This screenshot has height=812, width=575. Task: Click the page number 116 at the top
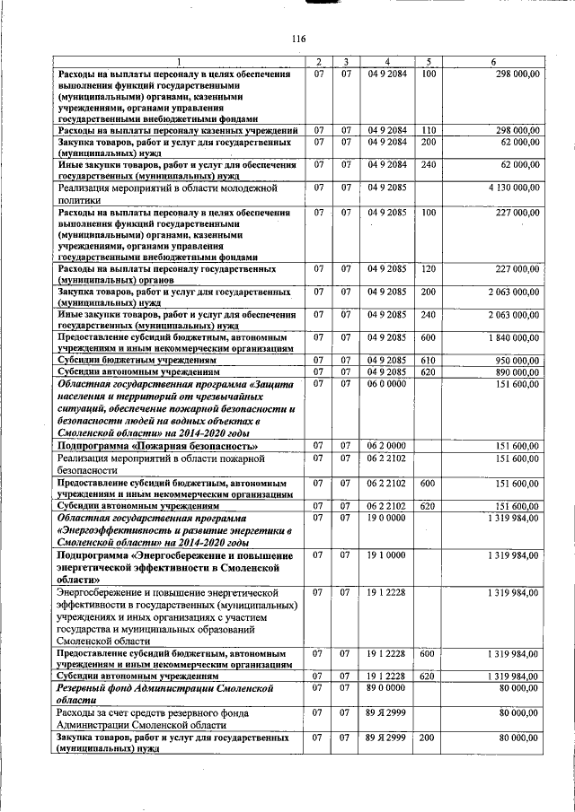299,39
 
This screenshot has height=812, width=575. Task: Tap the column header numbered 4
387,61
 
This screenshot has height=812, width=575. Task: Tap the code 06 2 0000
387,446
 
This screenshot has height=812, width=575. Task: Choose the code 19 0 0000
387,519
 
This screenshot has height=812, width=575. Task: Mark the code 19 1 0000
387,555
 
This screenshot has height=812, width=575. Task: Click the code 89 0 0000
387,686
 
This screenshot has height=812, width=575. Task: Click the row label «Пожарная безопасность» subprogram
158,446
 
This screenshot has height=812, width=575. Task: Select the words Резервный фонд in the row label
102,687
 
